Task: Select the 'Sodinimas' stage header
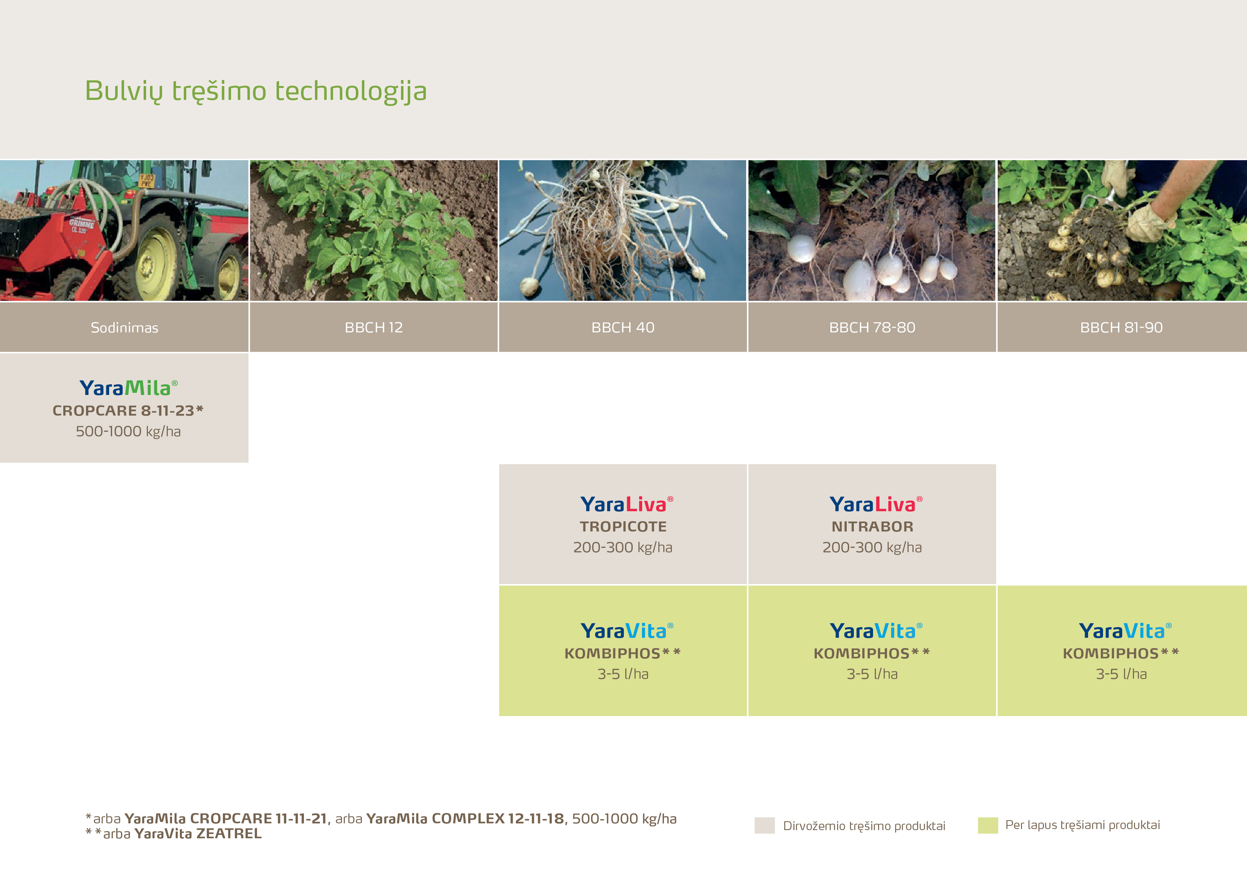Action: [x=124, y=327]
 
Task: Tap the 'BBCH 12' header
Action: [x=374, y=327]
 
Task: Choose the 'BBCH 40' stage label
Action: [x=623, y=327]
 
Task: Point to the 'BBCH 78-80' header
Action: [x=872, y=327]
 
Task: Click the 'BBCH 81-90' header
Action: [x=1122, y=327]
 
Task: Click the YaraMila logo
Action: [x=128, y=388]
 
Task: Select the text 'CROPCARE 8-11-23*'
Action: [x=128, y=411]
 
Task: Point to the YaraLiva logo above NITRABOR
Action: [x=876, y=504]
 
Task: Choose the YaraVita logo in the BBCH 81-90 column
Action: [x=1125, y=631]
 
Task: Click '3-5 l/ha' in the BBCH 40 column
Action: [x=623, y=674]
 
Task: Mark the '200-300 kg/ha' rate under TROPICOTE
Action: [x=623, y=547]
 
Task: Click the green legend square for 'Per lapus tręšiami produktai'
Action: [x=988, y=825]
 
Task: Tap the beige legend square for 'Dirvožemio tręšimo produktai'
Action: [x=765, y=825]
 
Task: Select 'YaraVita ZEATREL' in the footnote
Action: [x=198, y=834]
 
